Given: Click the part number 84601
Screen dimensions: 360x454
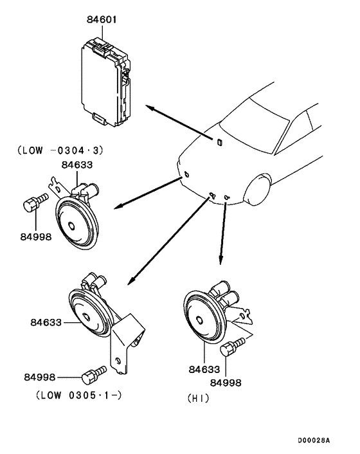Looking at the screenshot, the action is click(x=102, y=20).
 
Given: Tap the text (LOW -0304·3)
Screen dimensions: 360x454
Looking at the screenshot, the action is click(x=60, y=150).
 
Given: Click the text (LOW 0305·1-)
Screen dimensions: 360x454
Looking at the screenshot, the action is click(x=78, y=395).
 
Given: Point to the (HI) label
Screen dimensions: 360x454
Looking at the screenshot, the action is click(x=198, y=399).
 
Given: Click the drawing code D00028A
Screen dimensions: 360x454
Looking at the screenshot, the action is click(x=314, y=440).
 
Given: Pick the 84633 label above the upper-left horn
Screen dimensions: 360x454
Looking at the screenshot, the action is click(x=77, y=165).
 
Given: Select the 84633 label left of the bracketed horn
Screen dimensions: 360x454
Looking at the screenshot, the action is click(x=46, y=322).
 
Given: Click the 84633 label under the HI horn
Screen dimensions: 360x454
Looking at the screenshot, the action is click(x=204, y=369).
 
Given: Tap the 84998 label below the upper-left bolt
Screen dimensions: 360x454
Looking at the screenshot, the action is click(x=36, y=237).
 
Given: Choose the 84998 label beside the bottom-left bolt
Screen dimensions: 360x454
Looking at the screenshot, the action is click(x=40, y=377).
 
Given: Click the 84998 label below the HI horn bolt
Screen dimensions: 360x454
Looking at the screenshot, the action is click(x=226, y=383).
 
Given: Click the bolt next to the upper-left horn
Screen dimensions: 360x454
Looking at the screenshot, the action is click(x=35, y=203).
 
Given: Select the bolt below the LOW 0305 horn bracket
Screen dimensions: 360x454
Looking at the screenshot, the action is click(x=94, y=375).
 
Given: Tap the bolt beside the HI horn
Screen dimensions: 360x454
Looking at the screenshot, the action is click(x=232, y=347).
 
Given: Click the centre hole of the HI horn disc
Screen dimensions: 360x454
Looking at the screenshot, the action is click(x=199, y=320).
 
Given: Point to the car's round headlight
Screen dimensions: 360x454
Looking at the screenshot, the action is click(x=257, y=189).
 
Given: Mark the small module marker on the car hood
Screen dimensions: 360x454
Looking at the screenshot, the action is click(x=219, y=142).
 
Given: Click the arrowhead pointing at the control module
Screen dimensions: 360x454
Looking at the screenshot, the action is click(x=149, y=108).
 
